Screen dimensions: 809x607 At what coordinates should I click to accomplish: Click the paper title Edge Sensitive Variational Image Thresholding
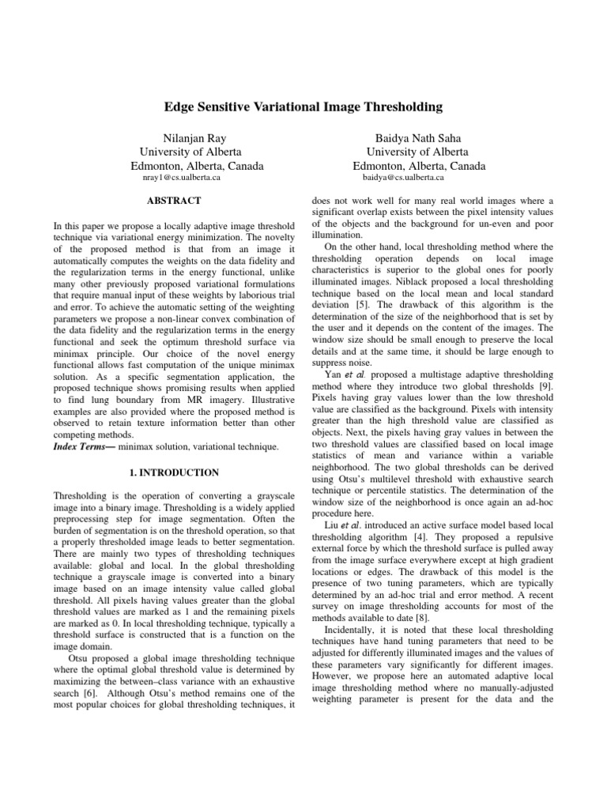[303, 106]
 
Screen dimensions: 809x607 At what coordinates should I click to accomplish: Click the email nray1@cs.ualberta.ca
[181, 178]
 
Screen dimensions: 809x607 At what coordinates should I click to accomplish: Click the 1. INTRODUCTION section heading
[173, 472]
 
